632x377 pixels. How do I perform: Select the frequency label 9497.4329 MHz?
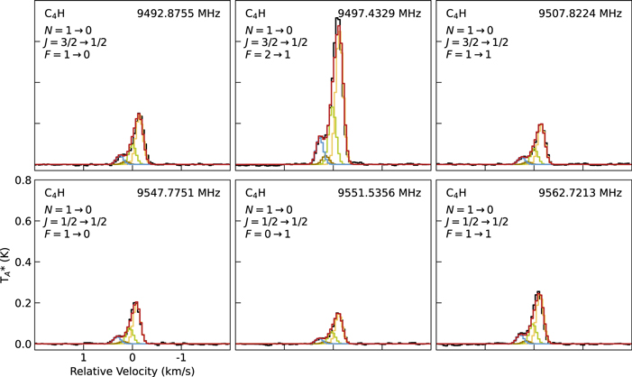[x=379, y=14]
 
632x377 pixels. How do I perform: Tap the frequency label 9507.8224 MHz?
[x=580, y=14]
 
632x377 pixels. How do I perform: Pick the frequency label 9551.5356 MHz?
[x=379, y=193]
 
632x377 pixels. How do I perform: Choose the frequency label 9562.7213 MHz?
[x=580, y=193]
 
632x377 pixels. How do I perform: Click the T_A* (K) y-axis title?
[x=7, y=262]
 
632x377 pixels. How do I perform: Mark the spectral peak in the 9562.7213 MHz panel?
[x=538, y=292]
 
